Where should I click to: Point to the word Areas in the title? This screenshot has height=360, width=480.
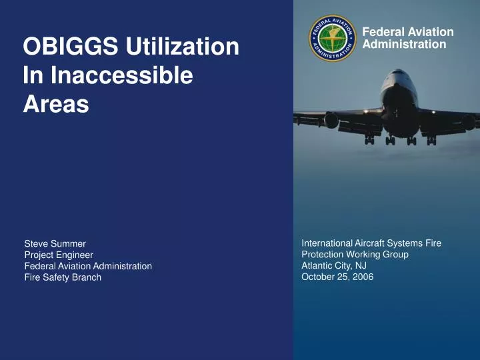(56, 104)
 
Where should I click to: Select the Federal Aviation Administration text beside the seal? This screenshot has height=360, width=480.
(408, 38)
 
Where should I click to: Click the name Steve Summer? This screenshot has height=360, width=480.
(55, 243)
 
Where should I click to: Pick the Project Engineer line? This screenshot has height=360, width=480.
(59, 255)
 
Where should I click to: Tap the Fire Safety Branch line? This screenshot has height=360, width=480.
(63, 277)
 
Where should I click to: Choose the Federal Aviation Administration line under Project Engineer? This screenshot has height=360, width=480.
(88, 266)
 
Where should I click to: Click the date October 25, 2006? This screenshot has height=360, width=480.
(337, 277)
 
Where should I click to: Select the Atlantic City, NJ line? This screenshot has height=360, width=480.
(334, 265)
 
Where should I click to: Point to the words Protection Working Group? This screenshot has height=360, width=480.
(355, 254)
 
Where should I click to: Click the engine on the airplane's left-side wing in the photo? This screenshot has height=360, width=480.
(331, 121)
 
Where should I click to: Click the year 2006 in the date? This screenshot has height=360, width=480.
(363, 277)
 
